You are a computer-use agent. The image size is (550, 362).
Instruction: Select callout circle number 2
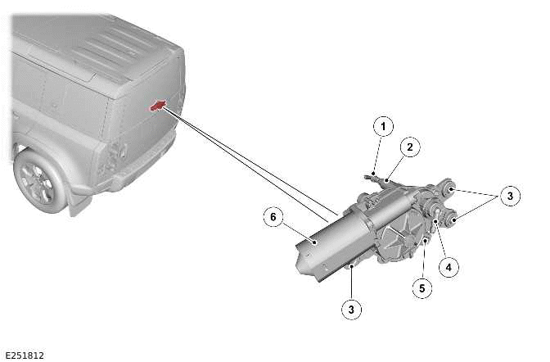pyautogui.click(x=410, y=147)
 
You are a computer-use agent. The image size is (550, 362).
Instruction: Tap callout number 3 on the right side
pyautogui.click(x=509, y=196)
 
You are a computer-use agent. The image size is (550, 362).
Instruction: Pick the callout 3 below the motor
pyautogui.click(x=351, y=309)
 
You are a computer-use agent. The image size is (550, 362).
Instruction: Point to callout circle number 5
pyautogui.click(x=422, y=288)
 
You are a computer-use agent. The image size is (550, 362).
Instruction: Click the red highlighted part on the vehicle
pyautogui.click(x=156, y=104)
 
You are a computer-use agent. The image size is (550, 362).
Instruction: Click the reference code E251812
pyautogui.click(x=25, y=355)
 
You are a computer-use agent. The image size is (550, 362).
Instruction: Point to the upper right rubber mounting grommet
pyautogui.click(x=448, y=190)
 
